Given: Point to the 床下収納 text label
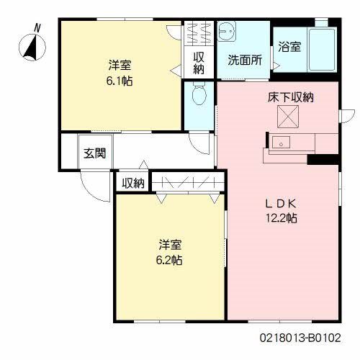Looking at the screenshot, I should click(289, 96).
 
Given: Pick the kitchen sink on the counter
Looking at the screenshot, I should click(281, 140).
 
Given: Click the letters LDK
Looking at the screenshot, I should click(283, 202).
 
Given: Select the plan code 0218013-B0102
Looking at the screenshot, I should click(300, 336).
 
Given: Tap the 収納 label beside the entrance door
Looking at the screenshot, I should click(132, 183).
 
